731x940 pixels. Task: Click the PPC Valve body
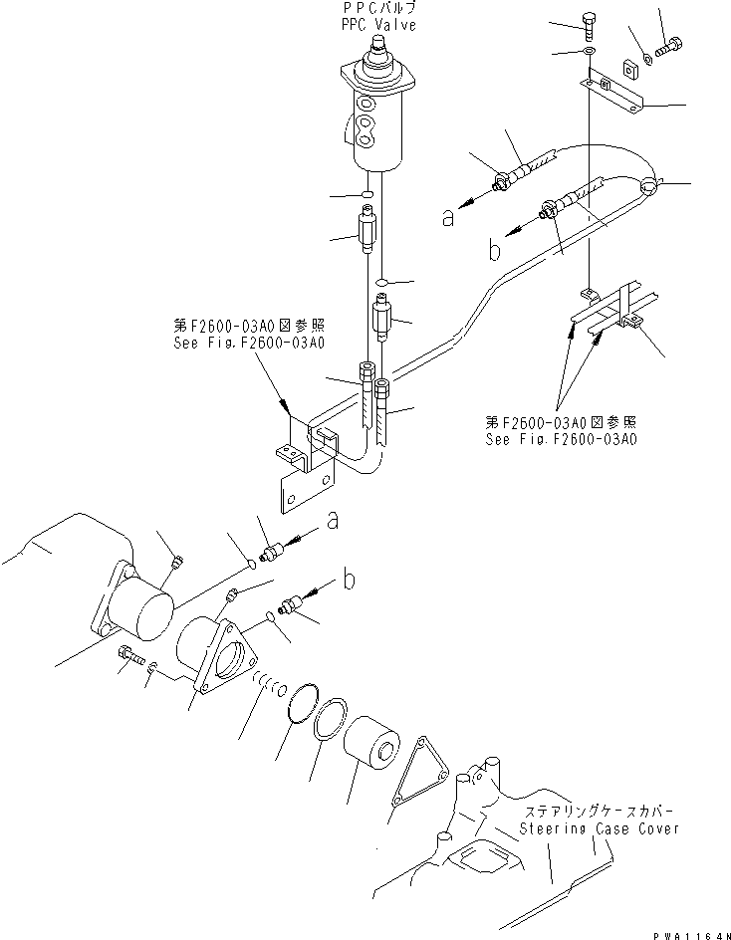[x=377, y=115]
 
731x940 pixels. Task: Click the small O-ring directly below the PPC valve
[x=367, y=191]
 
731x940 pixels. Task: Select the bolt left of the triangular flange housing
[x=130, y=656]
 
